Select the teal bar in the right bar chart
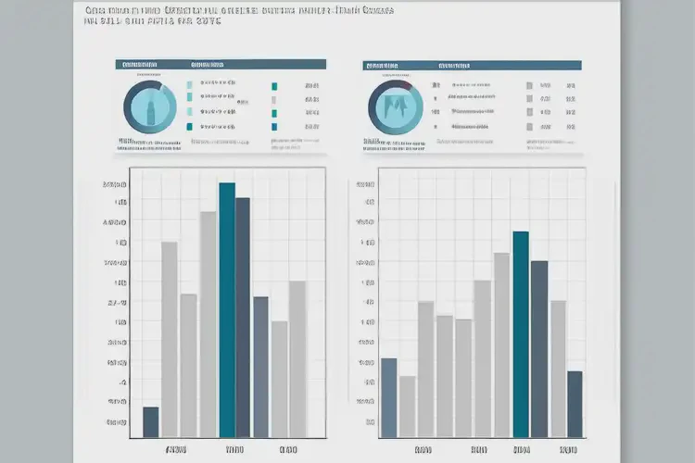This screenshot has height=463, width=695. [x=521, y=333]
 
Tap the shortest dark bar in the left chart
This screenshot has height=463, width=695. [x=151, y=421]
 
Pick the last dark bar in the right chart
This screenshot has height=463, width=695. [x=575, y=403]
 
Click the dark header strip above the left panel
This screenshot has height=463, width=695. [x=221, y=65]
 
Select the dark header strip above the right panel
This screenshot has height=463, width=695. [x=472, y=65]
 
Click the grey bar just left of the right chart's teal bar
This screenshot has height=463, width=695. [x=501, y=344]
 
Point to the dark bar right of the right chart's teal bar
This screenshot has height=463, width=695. [x=538, y=348]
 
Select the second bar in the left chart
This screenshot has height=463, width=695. [x=170, y=339]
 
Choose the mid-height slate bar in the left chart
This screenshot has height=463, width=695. [x=260, y=366]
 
